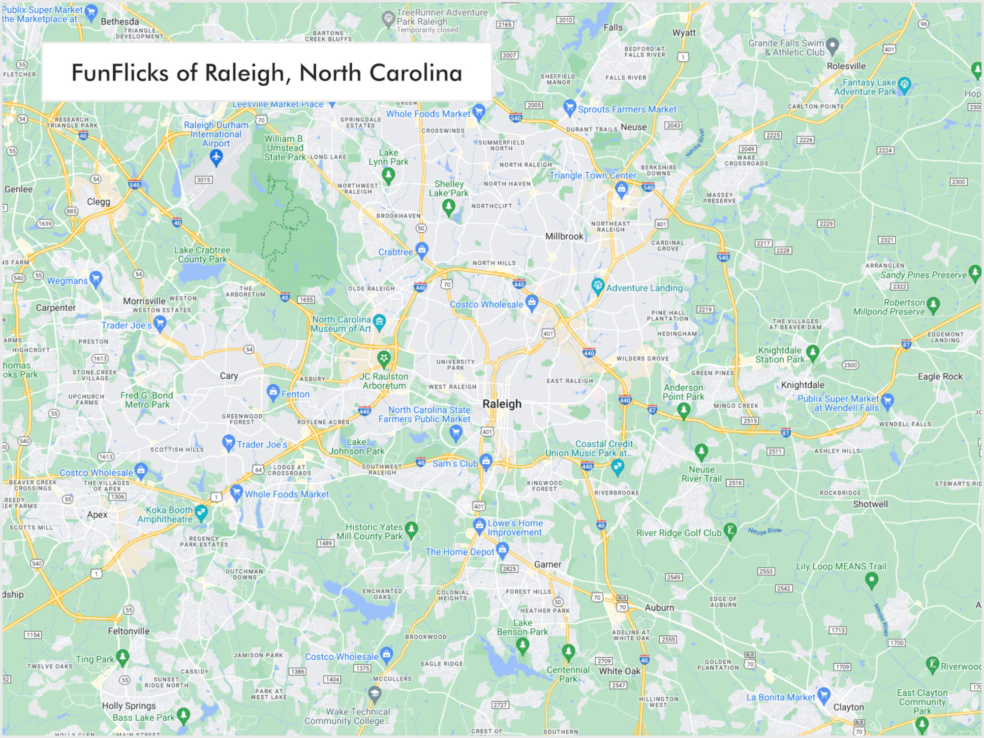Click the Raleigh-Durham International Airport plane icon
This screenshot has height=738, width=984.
tap(216, 157)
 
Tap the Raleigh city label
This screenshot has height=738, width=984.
tap(502, 404)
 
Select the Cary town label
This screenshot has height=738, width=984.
tap(229, 376)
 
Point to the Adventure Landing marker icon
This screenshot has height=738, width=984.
tap(598, 286)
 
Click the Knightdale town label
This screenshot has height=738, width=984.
tap(802, 385)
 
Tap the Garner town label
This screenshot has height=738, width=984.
tap(548, 564)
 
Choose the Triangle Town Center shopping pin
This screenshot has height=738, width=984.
tap(621, 188)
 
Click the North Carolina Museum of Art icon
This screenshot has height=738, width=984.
tap(379, 322)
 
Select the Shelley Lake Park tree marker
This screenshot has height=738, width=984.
tap(448, 207)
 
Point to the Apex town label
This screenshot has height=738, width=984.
tap(97, 515)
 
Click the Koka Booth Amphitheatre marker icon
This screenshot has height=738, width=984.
tap(201, 513)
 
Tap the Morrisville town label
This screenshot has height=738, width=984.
tap(144, 301)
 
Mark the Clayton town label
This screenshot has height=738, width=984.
tap(848, 707)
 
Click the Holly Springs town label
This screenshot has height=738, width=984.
tap(129, 706)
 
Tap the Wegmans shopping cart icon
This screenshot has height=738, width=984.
tap(96, 278)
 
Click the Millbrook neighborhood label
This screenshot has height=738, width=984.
tap(564, 236)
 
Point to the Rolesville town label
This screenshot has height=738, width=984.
tap(846, 66)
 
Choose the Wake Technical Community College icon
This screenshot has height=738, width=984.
tap(375, 694)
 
